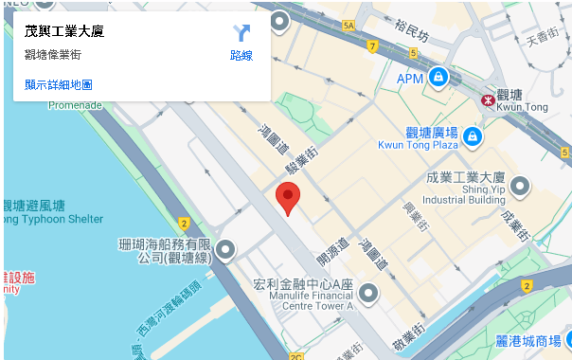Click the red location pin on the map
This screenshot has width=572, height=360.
pos(287,197)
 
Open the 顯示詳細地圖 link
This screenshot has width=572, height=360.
pos(59,84)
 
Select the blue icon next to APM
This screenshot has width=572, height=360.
pos(438,77)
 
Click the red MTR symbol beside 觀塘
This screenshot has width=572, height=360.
pos(487,98)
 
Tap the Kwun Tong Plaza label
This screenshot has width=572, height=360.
pos(418,145)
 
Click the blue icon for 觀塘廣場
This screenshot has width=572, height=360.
pos(472,137)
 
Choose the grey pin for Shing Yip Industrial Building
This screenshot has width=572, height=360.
pos(519,188)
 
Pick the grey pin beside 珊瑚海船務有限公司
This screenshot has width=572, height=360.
pos(225,249)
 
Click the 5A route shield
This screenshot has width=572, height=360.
pos(349,26)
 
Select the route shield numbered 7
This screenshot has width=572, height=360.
pos(373,45)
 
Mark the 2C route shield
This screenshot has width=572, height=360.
pos(296,356)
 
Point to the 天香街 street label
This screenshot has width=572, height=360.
pos(544,39)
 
